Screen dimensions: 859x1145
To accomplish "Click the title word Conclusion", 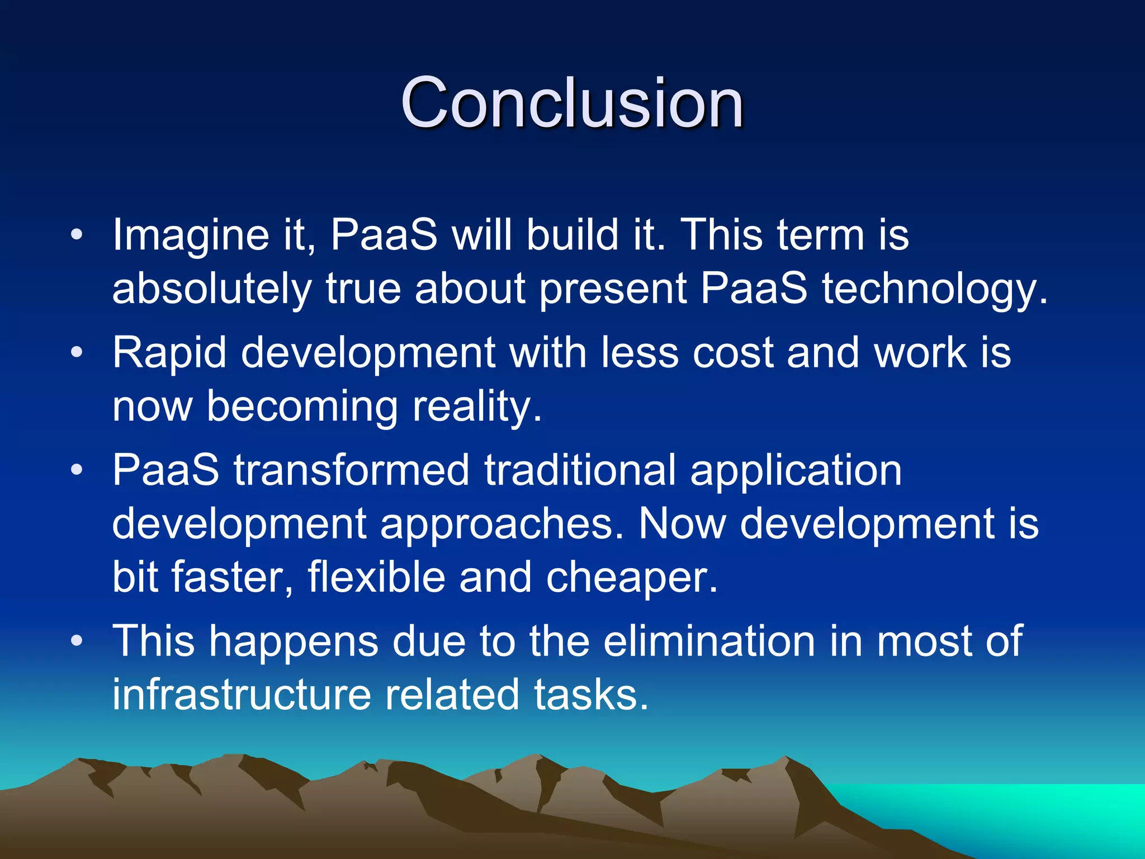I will [x=572, y=103].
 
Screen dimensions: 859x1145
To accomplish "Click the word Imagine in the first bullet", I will [x=190, y=235].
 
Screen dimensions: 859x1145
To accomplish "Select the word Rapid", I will [x=169, y=353].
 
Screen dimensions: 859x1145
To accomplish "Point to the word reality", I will [x=476, y=407].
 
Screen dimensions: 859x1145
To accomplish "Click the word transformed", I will [x=351, y=470].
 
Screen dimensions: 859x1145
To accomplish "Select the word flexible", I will [x=376, y=578].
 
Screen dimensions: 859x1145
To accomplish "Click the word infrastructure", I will [x=242, y=695].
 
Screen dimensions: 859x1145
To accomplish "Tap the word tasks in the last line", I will [x=590, y=695].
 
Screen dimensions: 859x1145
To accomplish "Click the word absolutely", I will [x=211, y=289].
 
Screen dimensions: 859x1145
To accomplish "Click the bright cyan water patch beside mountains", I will [x=1034, y=805].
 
